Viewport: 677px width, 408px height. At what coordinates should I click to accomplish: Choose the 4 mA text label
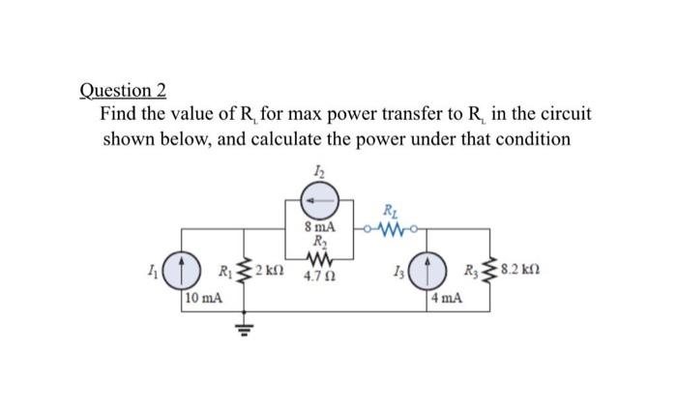click(x=449, y=300)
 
